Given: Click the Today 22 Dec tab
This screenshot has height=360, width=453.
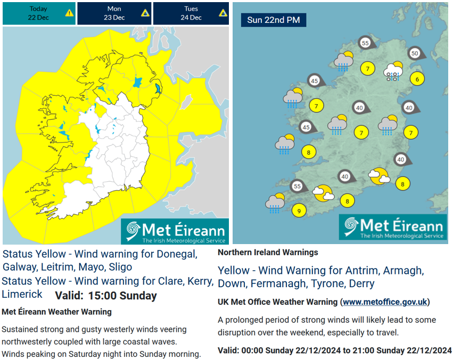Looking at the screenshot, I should (x=38, y=13).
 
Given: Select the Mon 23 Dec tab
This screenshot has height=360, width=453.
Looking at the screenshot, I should (x=114, y=13).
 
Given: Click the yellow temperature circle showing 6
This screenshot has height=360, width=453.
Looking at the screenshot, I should (x=417, y=79).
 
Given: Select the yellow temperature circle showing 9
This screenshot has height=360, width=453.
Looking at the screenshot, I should (x=299, y=211).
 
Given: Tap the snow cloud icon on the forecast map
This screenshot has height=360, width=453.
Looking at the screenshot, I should (x=393, y=72).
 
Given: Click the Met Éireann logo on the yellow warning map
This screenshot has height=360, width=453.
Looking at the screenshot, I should (x=175, y=231).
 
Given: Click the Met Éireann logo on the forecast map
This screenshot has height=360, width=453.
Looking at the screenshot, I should (x=393, y=228).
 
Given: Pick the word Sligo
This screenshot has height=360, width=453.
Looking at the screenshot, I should (x=118, y=266).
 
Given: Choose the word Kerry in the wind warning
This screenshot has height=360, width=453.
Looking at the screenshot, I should (x=200, y=281).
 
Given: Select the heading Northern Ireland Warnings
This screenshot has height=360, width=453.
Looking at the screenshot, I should (x=267, y=253).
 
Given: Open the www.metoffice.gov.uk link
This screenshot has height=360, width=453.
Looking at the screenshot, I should (x=385, y=302).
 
